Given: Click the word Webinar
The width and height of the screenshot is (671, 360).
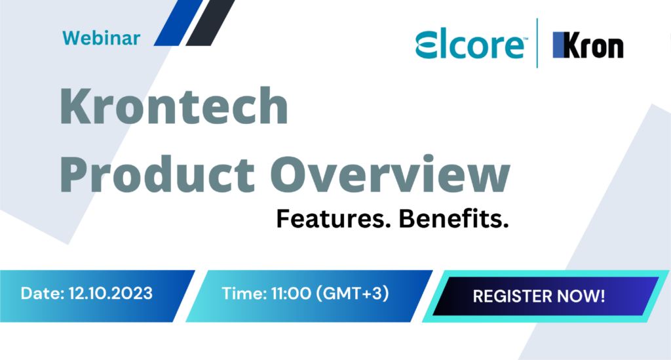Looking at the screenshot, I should click(102, 38).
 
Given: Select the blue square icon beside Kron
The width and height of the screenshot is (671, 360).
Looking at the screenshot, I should click(559, 46).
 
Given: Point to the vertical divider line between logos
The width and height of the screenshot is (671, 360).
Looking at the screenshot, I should click(537, 43).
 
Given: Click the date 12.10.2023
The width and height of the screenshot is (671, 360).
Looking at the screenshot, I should click(110, 293).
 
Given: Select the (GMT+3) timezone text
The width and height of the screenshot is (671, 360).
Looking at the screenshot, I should click(353, 293).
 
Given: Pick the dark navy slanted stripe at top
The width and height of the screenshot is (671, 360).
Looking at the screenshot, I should click(211, 23).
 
